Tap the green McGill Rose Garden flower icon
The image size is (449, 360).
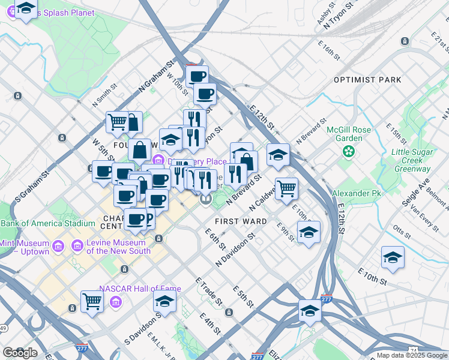point(348,152)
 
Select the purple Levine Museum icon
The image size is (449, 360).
point(76,246)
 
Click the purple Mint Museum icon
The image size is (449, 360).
point(58,247)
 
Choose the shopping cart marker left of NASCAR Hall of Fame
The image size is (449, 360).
point(92,300)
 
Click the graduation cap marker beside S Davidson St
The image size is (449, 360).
point(164,301)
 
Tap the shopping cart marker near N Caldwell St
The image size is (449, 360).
point(287,188)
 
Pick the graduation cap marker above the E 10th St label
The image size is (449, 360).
point(393,257)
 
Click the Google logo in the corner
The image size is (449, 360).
point(20,353)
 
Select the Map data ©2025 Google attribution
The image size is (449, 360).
point(411,355)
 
